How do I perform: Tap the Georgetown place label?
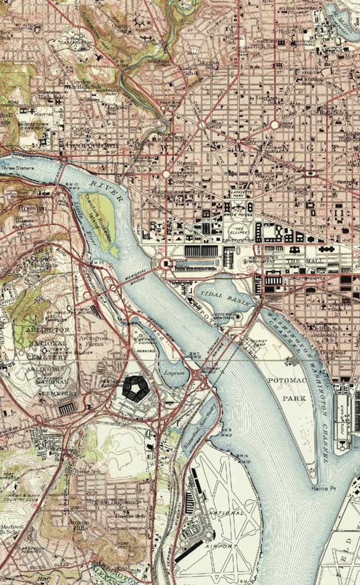pyautogui.click(x=92, y=145)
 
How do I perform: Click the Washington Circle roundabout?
pyautogui.click(x=166, y=174)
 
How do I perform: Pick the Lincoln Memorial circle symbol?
pyautogui.click(x=165, y=262)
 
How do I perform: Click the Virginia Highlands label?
pyautogui.click(x=113, y=502)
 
